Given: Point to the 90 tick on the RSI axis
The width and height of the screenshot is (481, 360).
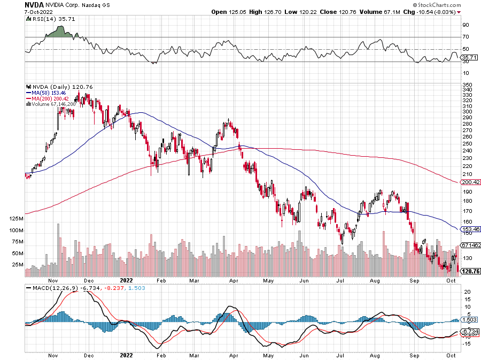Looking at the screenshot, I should [x=466, y=25].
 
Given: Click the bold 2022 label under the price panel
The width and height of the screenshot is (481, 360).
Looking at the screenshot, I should [x=126, y=280].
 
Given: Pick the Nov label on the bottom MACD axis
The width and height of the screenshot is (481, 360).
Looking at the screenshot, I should [x=52, y=355].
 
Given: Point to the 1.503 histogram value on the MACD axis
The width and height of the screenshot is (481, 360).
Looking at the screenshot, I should [x=469, y=320].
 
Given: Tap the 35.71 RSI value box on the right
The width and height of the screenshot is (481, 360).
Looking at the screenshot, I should [x=468, y=57].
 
